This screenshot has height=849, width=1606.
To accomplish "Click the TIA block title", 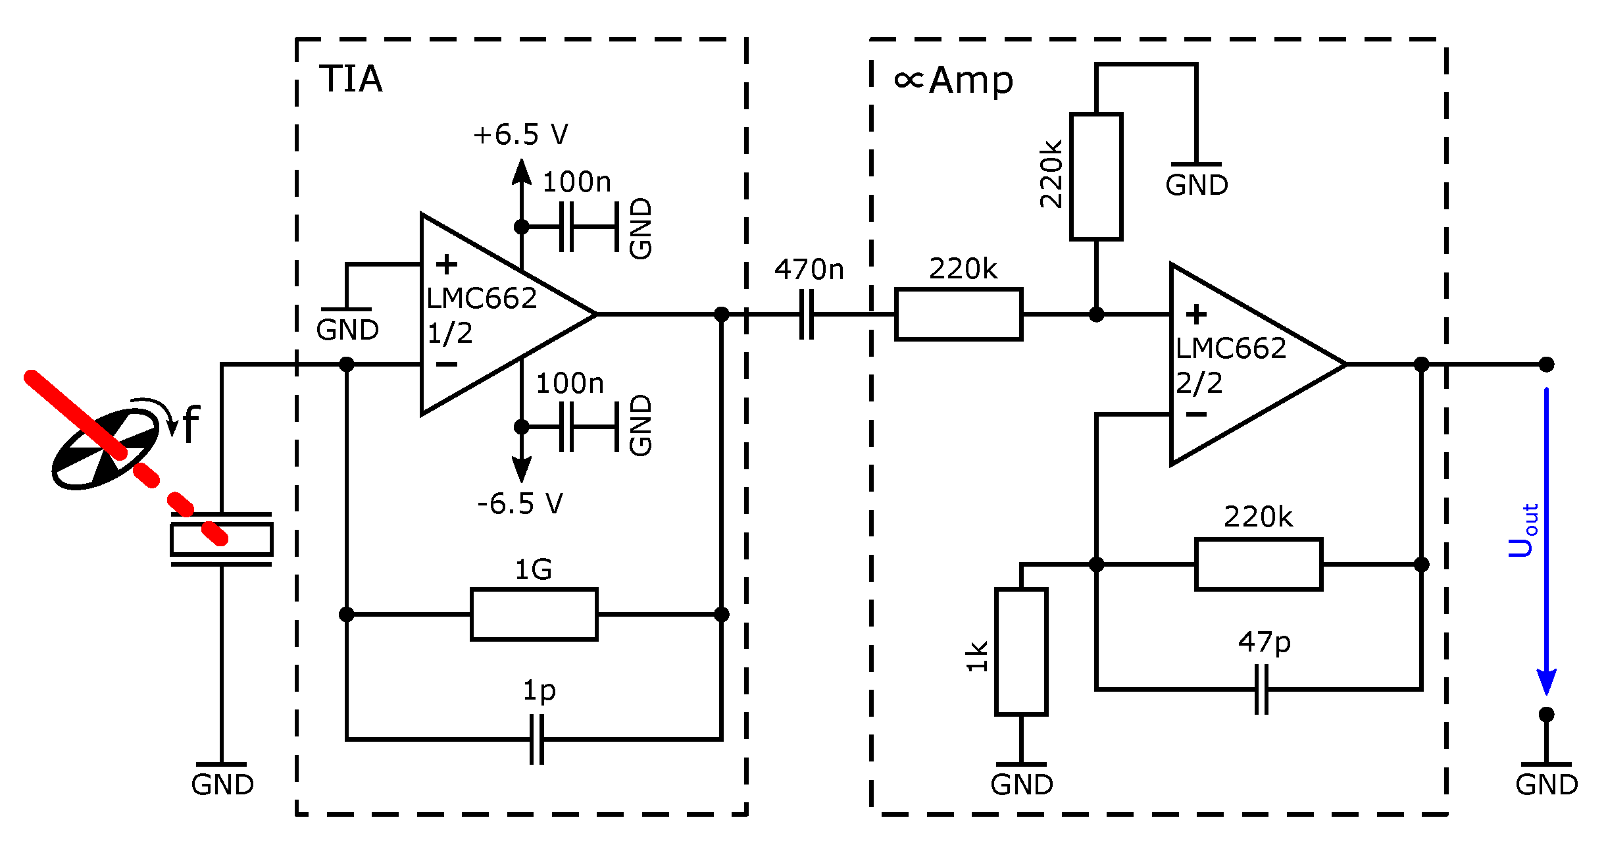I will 351,79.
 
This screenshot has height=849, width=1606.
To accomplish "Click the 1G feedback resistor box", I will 534,614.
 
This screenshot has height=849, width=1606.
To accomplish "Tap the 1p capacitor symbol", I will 537,739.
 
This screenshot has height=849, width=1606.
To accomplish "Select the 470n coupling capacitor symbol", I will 807,315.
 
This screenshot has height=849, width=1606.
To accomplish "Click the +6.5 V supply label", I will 520,134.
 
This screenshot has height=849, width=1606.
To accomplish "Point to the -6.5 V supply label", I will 520,504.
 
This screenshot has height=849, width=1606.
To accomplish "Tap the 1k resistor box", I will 1021,652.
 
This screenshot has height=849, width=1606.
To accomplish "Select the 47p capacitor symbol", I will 1261,689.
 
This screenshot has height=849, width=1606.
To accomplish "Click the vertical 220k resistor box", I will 1096,176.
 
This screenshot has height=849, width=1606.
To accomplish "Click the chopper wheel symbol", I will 105,449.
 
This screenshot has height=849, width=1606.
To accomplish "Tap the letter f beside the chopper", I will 190,424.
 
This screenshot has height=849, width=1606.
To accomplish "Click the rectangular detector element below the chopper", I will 221,540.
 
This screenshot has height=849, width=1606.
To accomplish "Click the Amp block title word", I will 971,81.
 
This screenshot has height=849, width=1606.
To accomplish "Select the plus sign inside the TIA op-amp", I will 446,264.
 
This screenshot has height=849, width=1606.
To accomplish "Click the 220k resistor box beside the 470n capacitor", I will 959,315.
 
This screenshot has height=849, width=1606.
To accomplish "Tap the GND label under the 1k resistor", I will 1021,785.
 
